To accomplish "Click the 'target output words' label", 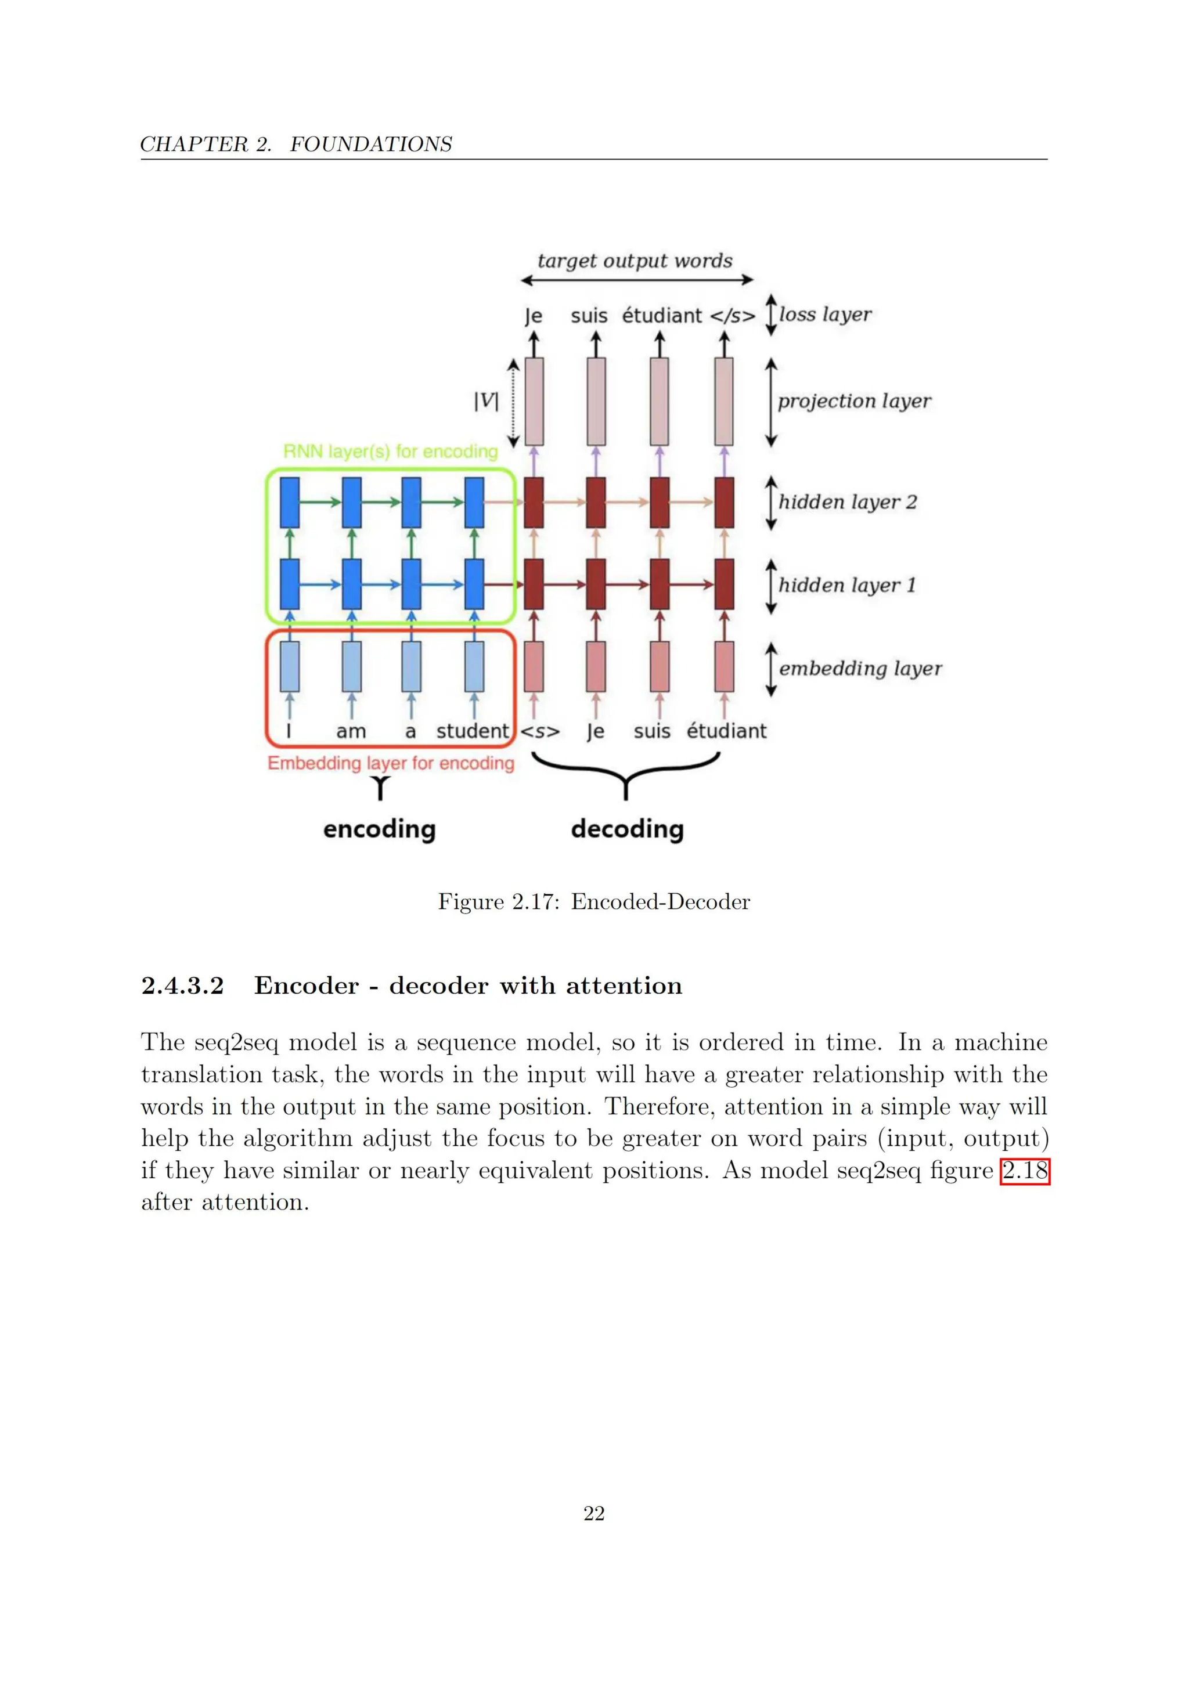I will click(635, 261).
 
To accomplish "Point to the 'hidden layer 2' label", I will click(847, 502).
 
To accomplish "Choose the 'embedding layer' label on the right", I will click(860, 668).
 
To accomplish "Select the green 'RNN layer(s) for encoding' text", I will click(391, 452).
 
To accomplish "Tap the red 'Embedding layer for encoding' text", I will click(391, 763).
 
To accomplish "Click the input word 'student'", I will click(472, 731).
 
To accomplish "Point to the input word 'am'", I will click(351, 731).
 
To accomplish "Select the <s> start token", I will click(540, 731).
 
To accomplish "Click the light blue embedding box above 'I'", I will click(290, 667).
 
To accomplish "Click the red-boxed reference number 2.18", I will click(1024, 1171).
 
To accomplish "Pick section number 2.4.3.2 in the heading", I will click(182, 986).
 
